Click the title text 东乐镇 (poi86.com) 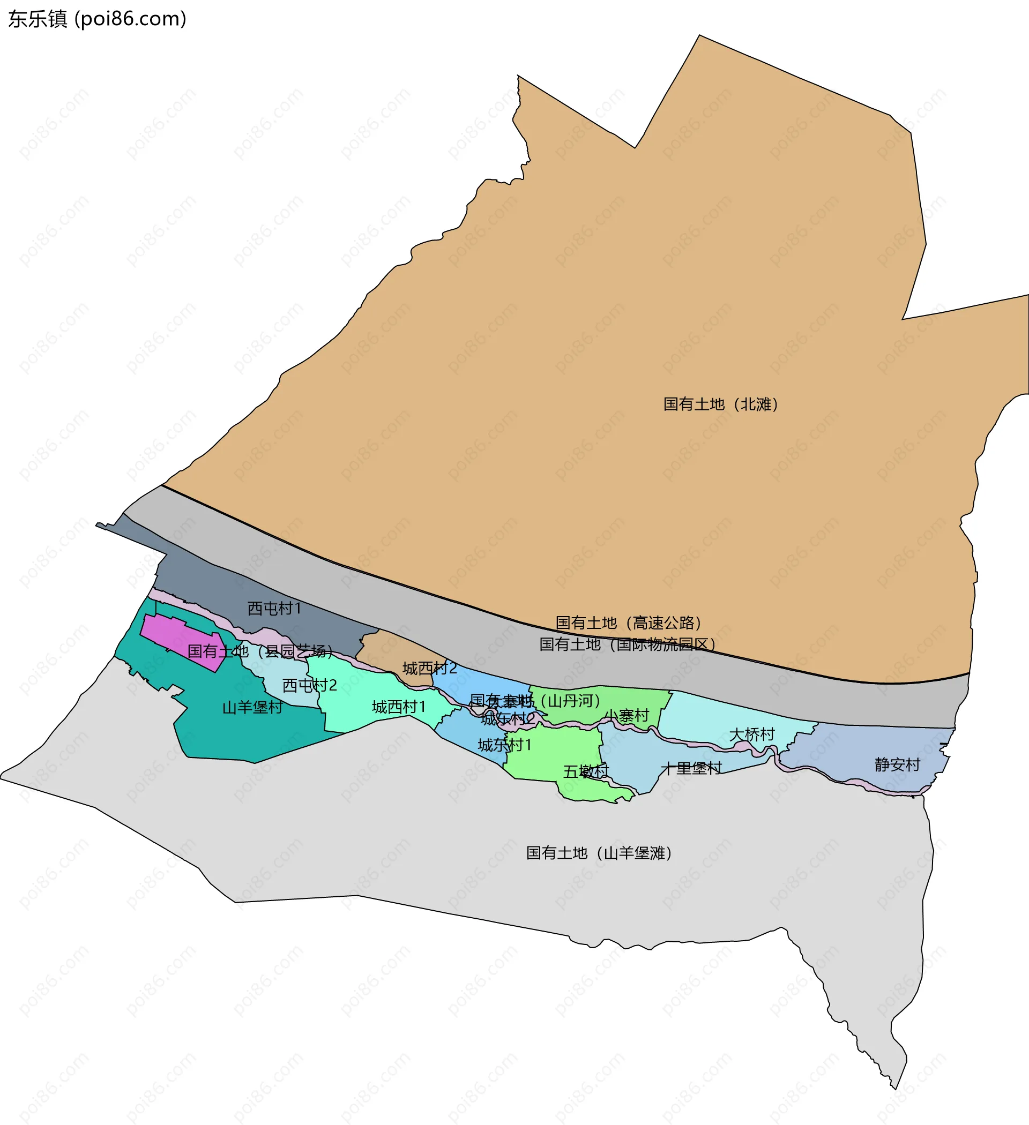97,19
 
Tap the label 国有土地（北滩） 720,404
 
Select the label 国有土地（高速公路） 628,622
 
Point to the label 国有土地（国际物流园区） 627,644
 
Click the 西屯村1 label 274,608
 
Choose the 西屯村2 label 309,685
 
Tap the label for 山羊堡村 252,708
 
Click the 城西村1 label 399,707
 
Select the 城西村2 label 429,668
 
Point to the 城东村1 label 504,745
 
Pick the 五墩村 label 586,771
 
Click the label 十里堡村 691,768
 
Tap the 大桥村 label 752,734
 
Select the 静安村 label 897,764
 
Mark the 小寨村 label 627,715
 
